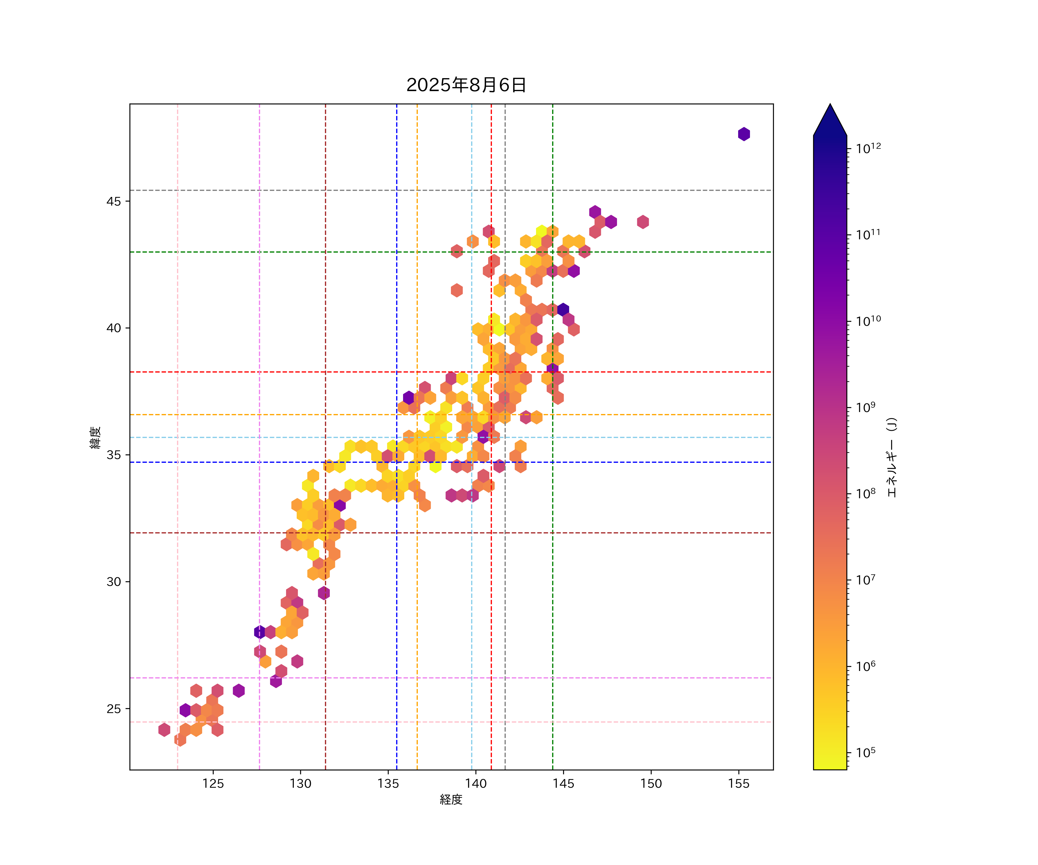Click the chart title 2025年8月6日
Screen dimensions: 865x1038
[466, 85]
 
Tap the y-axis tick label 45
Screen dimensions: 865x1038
[113, 202]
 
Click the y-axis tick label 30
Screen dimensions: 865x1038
[113, 582]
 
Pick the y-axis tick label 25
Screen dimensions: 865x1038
[113, 709]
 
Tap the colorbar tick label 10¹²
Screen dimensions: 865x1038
[868, 148]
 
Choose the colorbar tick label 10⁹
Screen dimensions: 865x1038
[866, 407]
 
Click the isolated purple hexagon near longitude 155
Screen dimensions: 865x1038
[744, 134]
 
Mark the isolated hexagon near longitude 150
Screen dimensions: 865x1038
[643, 222]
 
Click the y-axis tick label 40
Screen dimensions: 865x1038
[113, 328]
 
